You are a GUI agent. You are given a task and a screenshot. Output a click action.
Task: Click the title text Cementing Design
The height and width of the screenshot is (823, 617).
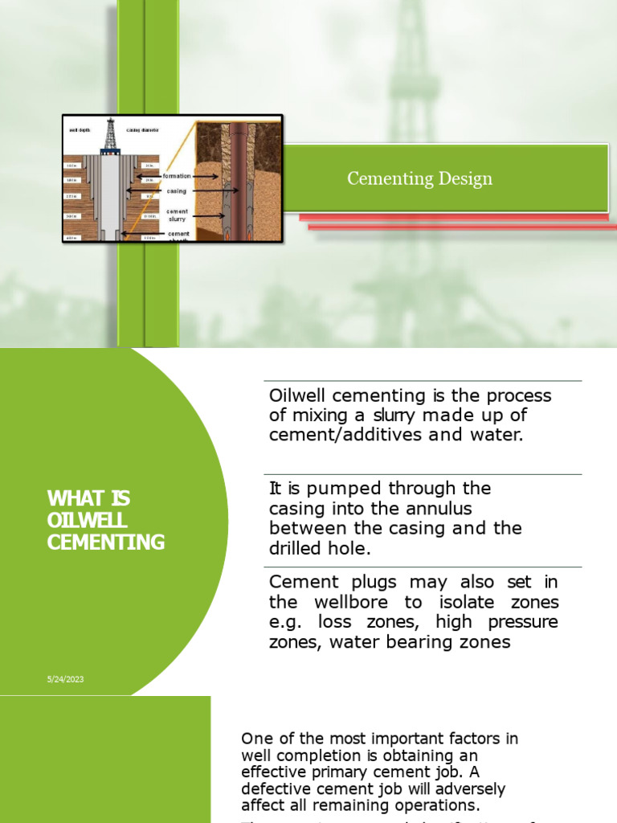419,178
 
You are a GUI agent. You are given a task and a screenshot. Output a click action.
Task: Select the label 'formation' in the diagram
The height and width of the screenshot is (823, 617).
176,175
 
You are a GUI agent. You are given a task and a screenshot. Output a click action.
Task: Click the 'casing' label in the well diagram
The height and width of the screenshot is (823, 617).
177,191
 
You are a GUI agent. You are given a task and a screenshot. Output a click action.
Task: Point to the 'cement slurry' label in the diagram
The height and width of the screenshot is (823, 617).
177,215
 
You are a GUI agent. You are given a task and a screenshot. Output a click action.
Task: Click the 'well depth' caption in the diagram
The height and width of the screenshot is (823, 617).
80,129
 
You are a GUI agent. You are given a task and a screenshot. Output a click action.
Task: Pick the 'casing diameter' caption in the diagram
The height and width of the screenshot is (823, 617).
143,129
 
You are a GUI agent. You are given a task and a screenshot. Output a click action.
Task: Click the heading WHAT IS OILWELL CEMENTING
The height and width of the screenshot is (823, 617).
105,520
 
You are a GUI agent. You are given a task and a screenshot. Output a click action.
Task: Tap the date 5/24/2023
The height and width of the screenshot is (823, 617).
65,679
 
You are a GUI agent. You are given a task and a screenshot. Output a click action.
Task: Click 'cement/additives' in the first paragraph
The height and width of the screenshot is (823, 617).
333,436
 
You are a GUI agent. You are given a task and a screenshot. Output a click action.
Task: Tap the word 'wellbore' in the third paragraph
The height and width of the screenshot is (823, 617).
344,602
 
